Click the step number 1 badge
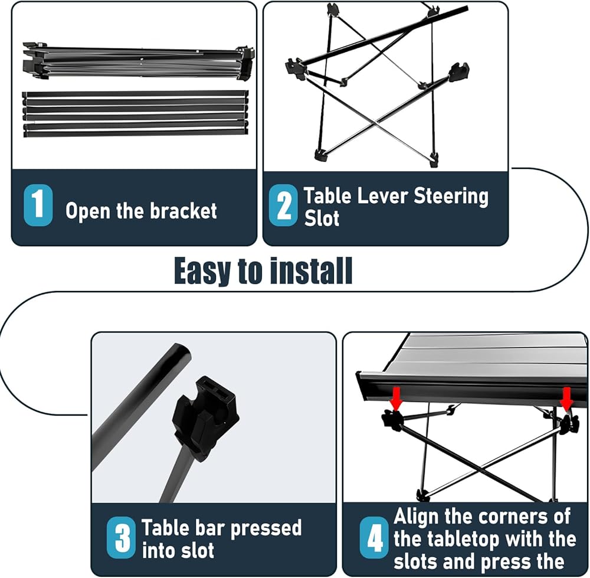38,205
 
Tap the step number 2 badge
283,205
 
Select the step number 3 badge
121,537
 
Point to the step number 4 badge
373,537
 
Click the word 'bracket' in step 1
183,211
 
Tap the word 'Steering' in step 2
451,197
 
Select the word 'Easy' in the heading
202,271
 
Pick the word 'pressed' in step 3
265,528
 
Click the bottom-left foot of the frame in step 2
321,155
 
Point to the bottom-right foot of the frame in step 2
434,158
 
